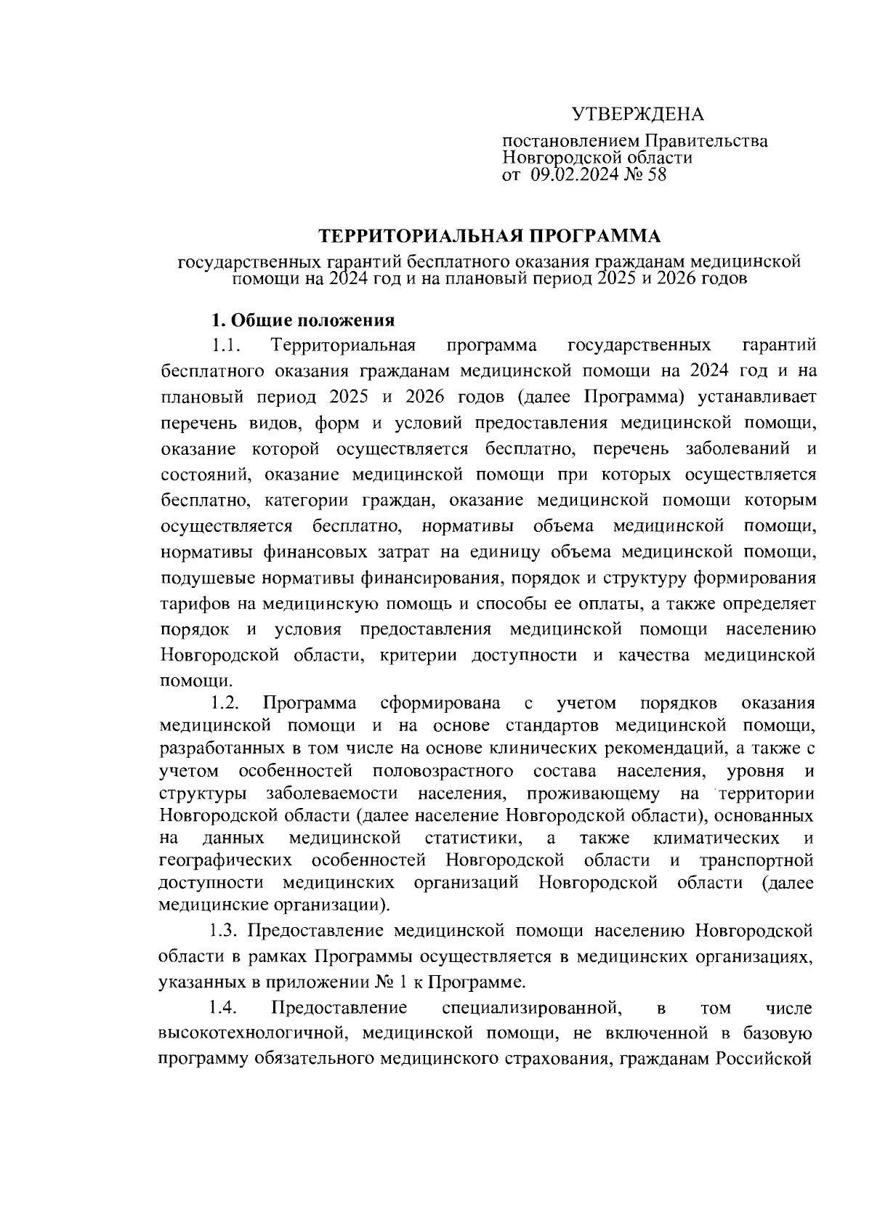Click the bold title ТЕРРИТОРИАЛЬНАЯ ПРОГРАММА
[x=489, y=236]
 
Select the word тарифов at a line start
[x=193, y=604]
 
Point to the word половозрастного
[x=442, y=771]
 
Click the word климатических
[x=716, y=839]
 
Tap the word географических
[x=225, y=861]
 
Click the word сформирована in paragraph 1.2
[x=440, y=703]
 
